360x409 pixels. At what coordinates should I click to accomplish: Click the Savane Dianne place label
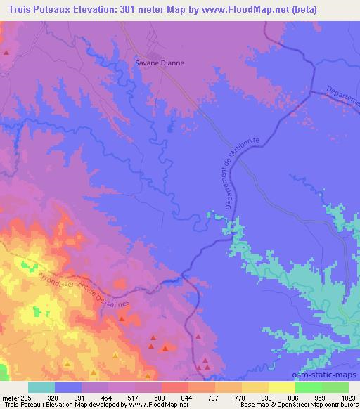point(160,63)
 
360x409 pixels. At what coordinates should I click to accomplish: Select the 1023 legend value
point(349,397)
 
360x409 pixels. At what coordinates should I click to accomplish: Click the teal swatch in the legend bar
point(42,387)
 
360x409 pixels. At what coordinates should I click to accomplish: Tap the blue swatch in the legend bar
point(69,387)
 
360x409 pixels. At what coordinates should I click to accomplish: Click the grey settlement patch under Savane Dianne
point(154,55)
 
